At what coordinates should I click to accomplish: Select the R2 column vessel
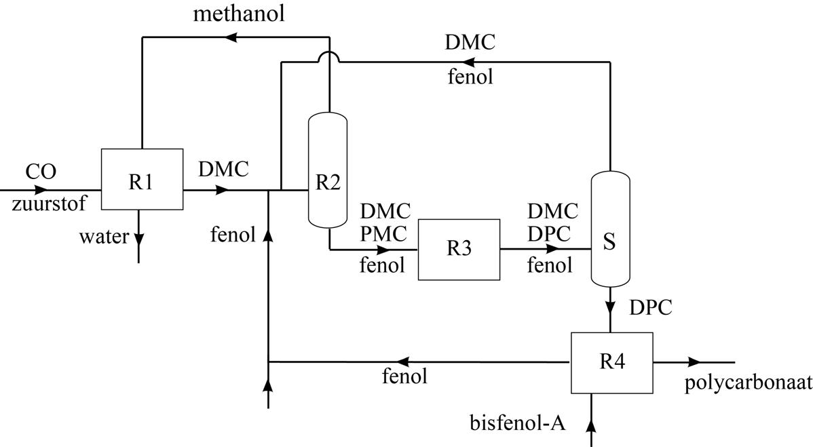(328, 170)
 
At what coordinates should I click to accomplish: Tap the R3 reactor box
(459, 249)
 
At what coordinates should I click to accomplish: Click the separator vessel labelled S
(609, 229)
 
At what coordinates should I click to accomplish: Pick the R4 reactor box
(611, 362)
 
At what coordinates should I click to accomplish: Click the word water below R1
(103, 237)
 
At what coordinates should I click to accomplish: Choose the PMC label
(384, 233)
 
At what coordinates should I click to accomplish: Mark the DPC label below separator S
(650, 307)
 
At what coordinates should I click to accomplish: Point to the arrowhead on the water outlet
(138, 239)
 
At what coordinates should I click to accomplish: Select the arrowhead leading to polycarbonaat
(694, 362)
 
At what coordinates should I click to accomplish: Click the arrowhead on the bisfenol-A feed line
(592, 426)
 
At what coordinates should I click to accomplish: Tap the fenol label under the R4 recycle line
(405, 376)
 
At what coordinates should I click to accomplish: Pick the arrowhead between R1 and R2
(222, 191)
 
